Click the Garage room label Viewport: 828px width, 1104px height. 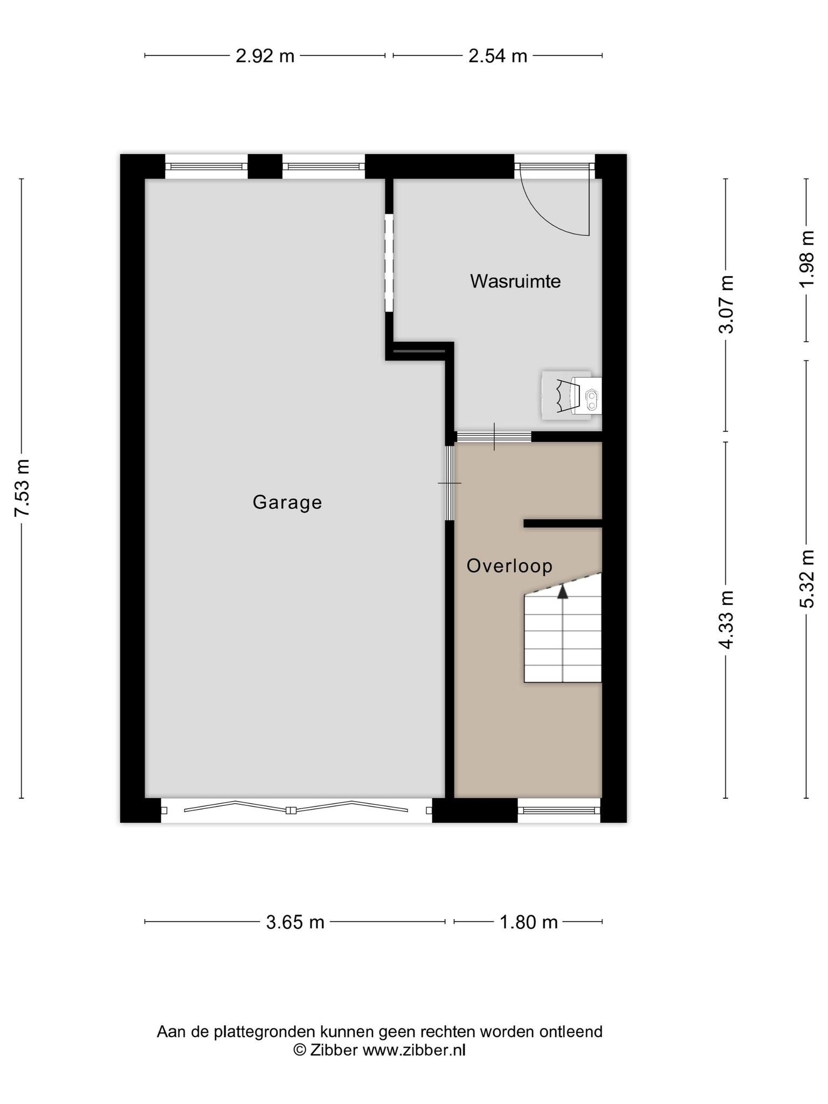[287, 502]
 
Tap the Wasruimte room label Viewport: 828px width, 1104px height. [515, 281]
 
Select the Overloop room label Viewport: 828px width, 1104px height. [509, 566]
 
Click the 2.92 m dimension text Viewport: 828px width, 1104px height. [265, 56]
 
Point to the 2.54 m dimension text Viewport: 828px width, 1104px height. [498, 56]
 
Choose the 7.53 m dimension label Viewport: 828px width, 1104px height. [22, 488]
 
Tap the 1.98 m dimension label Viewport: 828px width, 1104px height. [807, 259]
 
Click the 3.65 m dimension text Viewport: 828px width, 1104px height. [295, 922]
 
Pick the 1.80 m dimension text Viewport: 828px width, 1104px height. [528, 922]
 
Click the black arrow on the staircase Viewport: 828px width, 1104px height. [563, 591]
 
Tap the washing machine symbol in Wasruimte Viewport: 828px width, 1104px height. [571, 395]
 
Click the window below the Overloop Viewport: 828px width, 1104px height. [559, 810]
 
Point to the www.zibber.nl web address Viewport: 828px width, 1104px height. [413, 1050]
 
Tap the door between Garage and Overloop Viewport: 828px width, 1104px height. [449, 483]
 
